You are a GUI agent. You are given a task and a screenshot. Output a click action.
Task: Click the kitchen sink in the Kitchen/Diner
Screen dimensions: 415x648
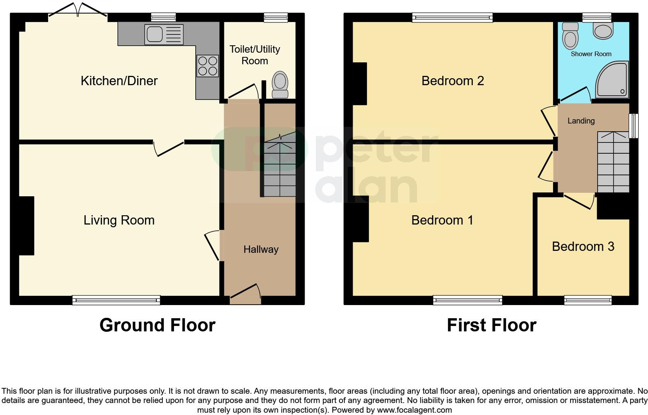(x=163, y=34)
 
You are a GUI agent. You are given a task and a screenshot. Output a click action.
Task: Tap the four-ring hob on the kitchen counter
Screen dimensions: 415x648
(x=208, y=66)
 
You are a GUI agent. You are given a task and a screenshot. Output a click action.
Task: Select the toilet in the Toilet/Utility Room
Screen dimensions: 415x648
(x=280, y=86)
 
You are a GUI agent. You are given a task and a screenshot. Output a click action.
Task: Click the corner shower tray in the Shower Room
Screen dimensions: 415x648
(x=612, y=80)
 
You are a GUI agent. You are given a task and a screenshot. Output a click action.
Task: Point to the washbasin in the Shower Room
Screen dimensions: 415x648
(x=603, y=31)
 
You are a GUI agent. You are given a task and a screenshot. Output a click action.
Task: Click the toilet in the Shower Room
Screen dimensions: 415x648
(x=570, y=35)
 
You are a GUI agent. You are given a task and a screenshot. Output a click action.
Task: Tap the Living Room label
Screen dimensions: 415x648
(x=119, y=220)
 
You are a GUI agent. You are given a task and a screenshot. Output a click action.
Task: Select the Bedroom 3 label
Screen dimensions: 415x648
(x=583, y=247)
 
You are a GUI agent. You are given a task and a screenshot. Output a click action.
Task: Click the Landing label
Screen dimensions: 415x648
(x=581, y=121)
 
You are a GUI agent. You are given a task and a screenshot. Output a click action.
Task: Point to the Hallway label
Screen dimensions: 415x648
(x=261, y=250)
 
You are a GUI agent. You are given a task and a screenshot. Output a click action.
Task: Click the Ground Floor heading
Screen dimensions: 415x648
(x=157, y=325)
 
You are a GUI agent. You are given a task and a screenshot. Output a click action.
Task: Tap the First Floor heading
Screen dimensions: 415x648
(x=491, y=325)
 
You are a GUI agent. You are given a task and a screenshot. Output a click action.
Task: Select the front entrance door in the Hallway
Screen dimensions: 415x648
(x=245, y=294)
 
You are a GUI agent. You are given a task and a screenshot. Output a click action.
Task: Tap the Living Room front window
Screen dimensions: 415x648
(x=116, y=300)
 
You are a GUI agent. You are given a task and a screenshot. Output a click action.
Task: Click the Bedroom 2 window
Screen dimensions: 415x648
(x=452, y=17)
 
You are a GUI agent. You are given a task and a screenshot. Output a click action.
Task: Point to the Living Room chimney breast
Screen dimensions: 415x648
(x=26, y=226)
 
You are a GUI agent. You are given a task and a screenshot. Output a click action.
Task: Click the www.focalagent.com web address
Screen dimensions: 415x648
(x=414, y=410)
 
